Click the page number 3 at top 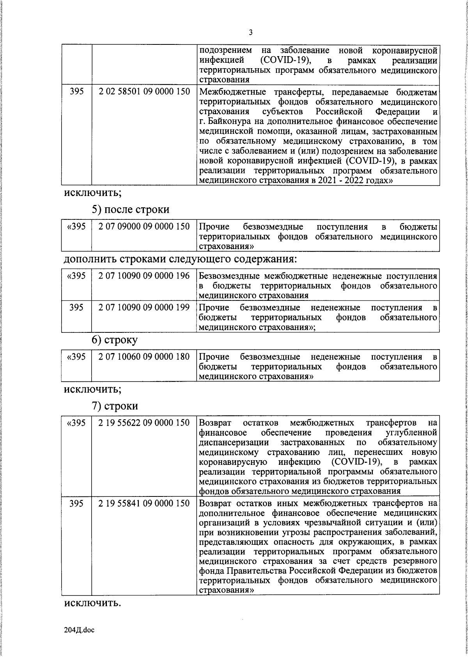250,33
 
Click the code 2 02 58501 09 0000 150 144,92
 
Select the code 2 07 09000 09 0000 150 144,226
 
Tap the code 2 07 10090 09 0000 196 144,276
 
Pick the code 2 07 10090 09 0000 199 144,307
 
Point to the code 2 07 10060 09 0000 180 144,357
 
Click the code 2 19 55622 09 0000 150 144,422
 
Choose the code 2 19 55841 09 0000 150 144,503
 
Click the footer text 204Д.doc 79,630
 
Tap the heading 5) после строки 130,209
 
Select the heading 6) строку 114,340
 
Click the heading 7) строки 115,406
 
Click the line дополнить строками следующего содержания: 180,259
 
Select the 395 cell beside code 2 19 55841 76,503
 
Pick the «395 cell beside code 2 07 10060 76,357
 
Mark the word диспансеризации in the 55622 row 234,442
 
